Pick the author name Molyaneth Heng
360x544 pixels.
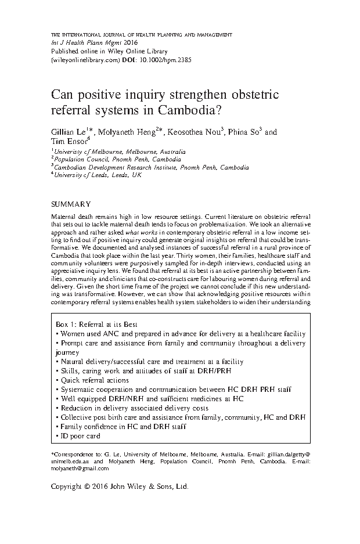[124, 132]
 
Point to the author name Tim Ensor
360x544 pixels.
[68, 141]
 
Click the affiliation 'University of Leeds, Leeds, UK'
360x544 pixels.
[98, 175]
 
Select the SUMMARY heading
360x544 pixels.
[71, 204]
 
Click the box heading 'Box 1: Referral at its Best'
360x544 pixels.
[95, 325]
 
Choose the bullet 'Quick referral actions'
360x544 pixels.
[92, 380]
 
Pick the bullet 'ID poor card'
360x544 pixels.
[78, 435]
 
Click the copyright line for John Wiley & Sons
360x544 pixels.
[120, 487]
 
